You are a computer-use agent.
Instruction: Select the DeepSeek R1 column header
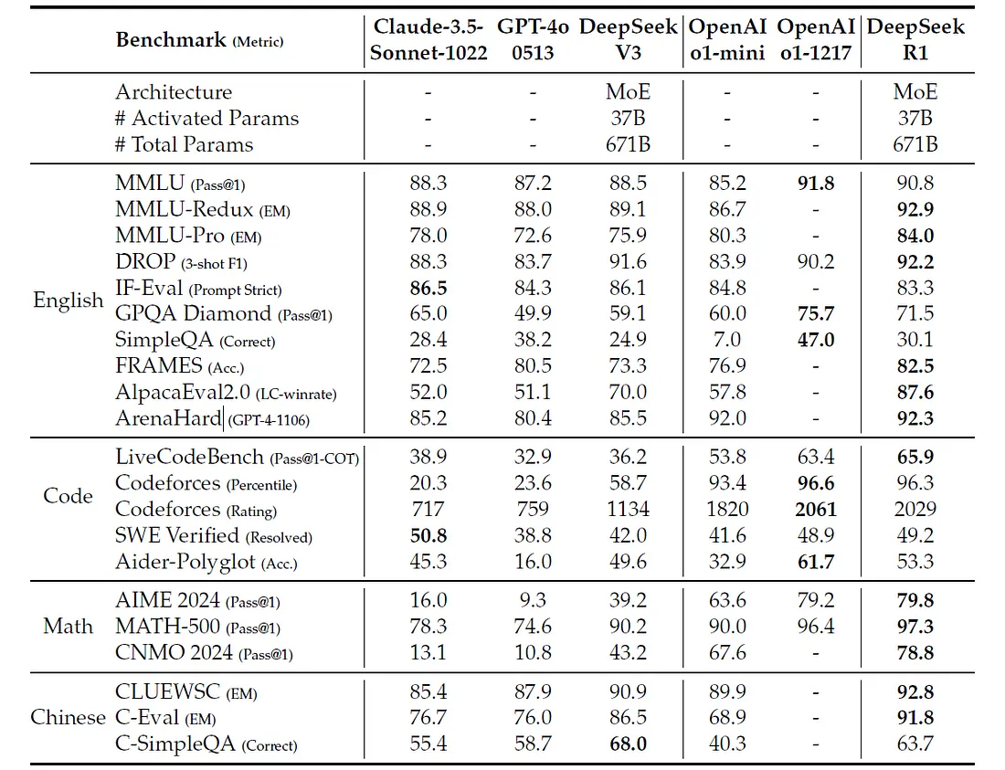pyautogui.click(x=915, y=40)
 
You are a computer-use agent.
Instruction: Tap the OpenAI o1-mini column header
pyautogui.click(x=726, y=40)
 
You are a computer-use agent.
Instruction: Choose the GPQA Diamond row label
pyautogui.click(x=193, y=313)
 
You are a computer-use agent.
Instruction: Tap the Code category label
pyautogui.click(x=68, y=496)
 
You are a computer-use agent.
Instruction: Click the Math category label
pyautogui.click(x=68, y=626)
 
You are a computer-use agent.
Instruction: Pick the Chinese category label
pyautogui.click(x=68, y=717)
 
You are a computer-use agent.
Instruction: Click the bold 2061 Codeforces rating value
pyautogui.click(x=815, y=509)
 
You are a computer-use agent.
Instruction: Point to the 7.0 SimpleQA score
pyautogui.click(x=726, y=340)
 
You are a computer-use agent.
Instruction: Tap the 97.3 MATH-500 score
pyautogui.click(x=915, y=627)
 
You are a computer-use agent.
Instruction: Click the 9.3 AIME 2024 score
pyautogui.click(x=533, y=600)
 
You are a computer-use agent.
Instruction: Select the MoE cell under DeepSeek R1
pyautogui.click(x=915, y=92)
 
